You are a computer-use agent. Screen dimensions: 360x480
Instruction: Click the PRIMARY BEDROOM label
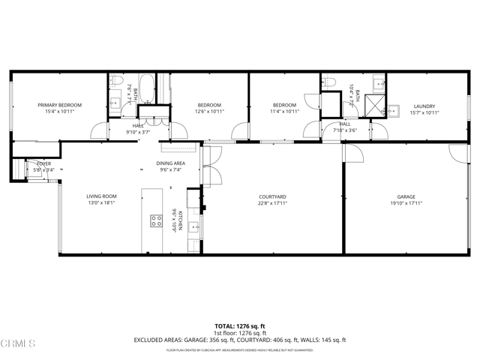point(59,105)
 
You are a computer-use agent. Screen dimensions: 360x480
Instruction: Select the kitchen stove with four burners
point(157,220)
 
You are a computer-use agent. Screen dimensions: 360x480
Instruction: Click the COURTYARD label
point(273,196)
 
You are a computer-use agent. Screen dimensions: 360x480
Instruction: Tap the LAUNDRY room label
point(424,106)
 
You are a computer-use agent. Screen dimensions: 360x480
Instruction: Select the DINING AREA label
point(170,163)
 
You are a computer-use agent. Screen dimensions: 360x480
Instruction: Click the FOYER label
point(34,163)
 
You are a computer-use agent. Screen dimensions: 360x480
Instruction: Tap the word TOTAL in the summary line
point(225,326)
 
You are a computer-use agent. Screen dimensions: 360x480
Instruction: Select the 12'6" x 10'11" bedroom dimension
point(210,112)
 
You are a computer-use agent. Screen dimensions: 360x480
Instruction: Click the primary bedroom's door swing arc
point(98,132)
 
